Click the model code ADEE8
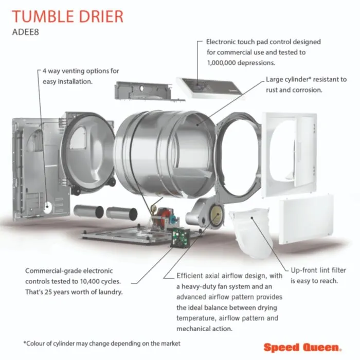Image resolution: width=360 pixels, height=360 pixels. click(x=26, y=32)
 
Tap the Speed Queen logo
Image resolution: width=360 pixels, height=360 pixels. click(x=302, y=347)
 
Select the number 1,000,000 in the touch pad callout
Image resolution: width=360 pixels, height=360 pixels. click(x=221, y=63)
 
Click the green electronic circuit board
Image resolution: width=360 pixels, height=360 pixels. click(x=181, y=238)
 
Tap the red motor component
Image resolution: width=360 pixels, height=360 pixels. click(x=163, y=217)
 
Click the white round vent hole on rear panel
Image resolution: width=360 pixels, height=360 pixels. click(x=48, y=208)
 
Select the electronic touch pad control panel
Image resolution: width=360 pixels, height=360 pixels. click(x=209, y=88)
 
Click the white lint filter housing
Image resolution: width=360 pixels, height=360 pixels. click(x=251, y=232)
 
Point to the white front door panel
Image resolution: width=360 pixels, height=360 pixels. click(x=289, y=155)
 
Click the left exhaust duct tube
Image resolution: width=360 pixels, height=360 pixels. click(x=89, y=211)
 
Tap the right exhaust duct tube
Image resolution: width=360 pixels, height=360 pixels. click(x=122, y=213)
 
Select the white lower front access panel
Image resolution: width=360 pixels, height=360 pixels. click(x=306, y=219)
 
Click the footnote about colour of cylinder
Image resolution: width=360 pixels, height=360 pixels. click(x=102, y=344)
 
